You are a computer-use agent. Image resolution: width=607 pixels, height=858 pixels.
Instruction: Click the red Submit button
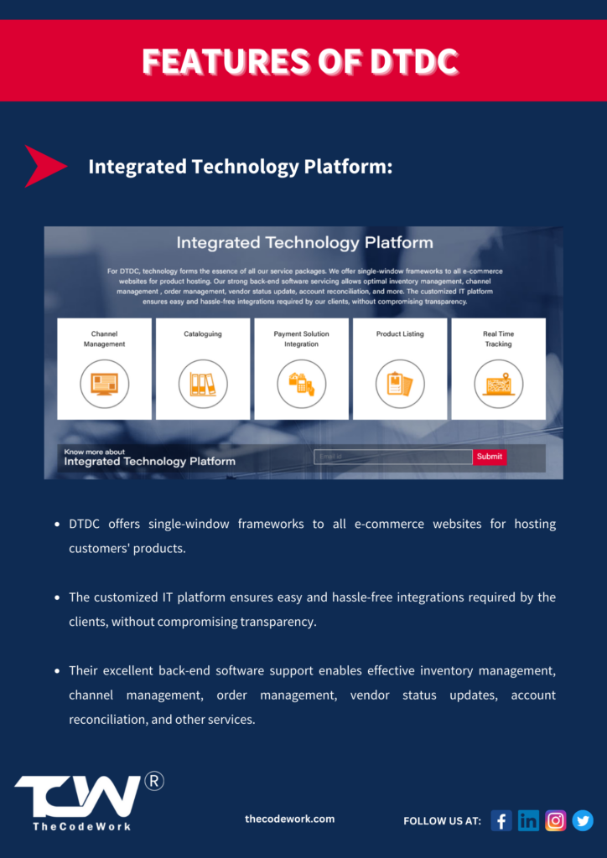[490, 457]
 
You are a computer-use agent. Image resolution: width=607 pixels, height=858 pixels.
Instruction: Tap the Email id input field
[393, 457]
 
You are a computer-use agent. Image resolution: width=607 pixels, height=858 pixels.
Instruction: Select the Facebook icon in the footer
[501, 821]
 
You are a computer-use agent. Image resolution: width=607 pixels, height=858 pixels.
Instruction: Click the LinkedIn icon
[528, 821]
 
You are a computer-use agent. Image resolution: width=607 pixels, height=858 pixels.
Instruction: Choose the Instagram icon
[556, 821]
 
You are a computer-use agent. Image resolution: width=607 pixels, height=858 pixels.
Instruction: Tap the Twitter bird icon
[583, 821]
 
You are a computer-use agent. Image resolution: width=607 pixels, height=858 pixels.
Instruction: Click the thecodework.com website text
[289, 819]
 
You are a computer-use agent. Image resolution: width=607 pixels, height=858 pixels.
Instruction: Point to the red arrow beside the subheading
[45, 167]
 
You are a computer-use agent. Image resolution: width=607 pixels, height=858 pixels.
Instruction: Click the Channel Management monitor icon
[105, 384]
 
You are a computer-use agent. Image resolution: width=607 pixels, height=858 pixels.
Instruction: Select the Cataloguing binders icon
[203, 384]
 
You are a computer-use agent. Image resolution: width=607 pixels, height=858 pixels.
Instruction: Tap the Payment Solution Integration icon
[302, 384]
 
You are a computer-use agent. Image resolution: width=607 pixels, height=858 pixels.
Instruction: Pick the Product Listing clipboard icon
[400, 384]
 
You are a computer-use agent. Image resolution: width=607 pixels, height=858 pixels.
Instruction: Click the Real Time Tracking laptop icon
[499, 384]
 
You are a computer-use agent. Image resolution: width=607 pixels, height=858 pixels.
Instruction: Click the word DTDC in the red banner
[413, 61]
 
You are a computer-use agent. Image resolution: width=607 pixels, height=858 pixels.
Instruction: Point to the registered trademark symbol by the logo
[154, 782]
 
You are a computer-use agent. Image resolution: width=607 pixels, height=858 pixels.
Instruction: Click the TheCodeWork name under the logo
[81, 826]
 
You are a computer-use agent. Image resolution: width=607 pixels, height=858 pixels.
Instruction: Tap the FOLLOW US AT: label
[442, 821]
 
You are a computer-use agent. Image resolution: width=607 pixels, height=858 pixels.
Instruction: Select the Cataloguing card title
[203, 333]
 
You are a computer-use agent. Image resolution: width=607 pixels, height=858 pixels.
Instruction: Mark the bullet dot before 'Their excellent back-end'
[57, 671]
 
